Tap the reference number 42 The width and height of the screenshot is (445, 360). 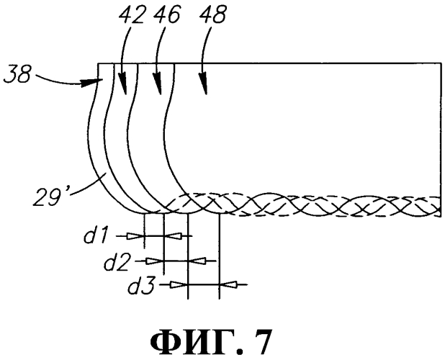pos(132,15)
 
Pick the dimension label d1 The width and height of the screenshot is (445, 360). pos(96,237)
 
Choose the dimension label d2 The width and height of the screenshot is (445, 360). pos(117,262)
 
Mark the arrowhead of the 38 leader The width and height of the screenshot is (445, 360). pos(92,83)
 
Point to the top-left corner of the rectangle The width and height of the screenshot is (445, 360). pos(98,63)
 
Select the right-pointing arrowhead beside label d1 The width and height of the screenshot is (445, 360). pos(135,236)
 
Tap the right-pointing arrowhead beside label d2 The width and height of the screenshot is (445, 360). pos(155,261)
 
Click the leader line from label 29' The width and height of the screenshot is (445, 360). pos(88,184)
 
